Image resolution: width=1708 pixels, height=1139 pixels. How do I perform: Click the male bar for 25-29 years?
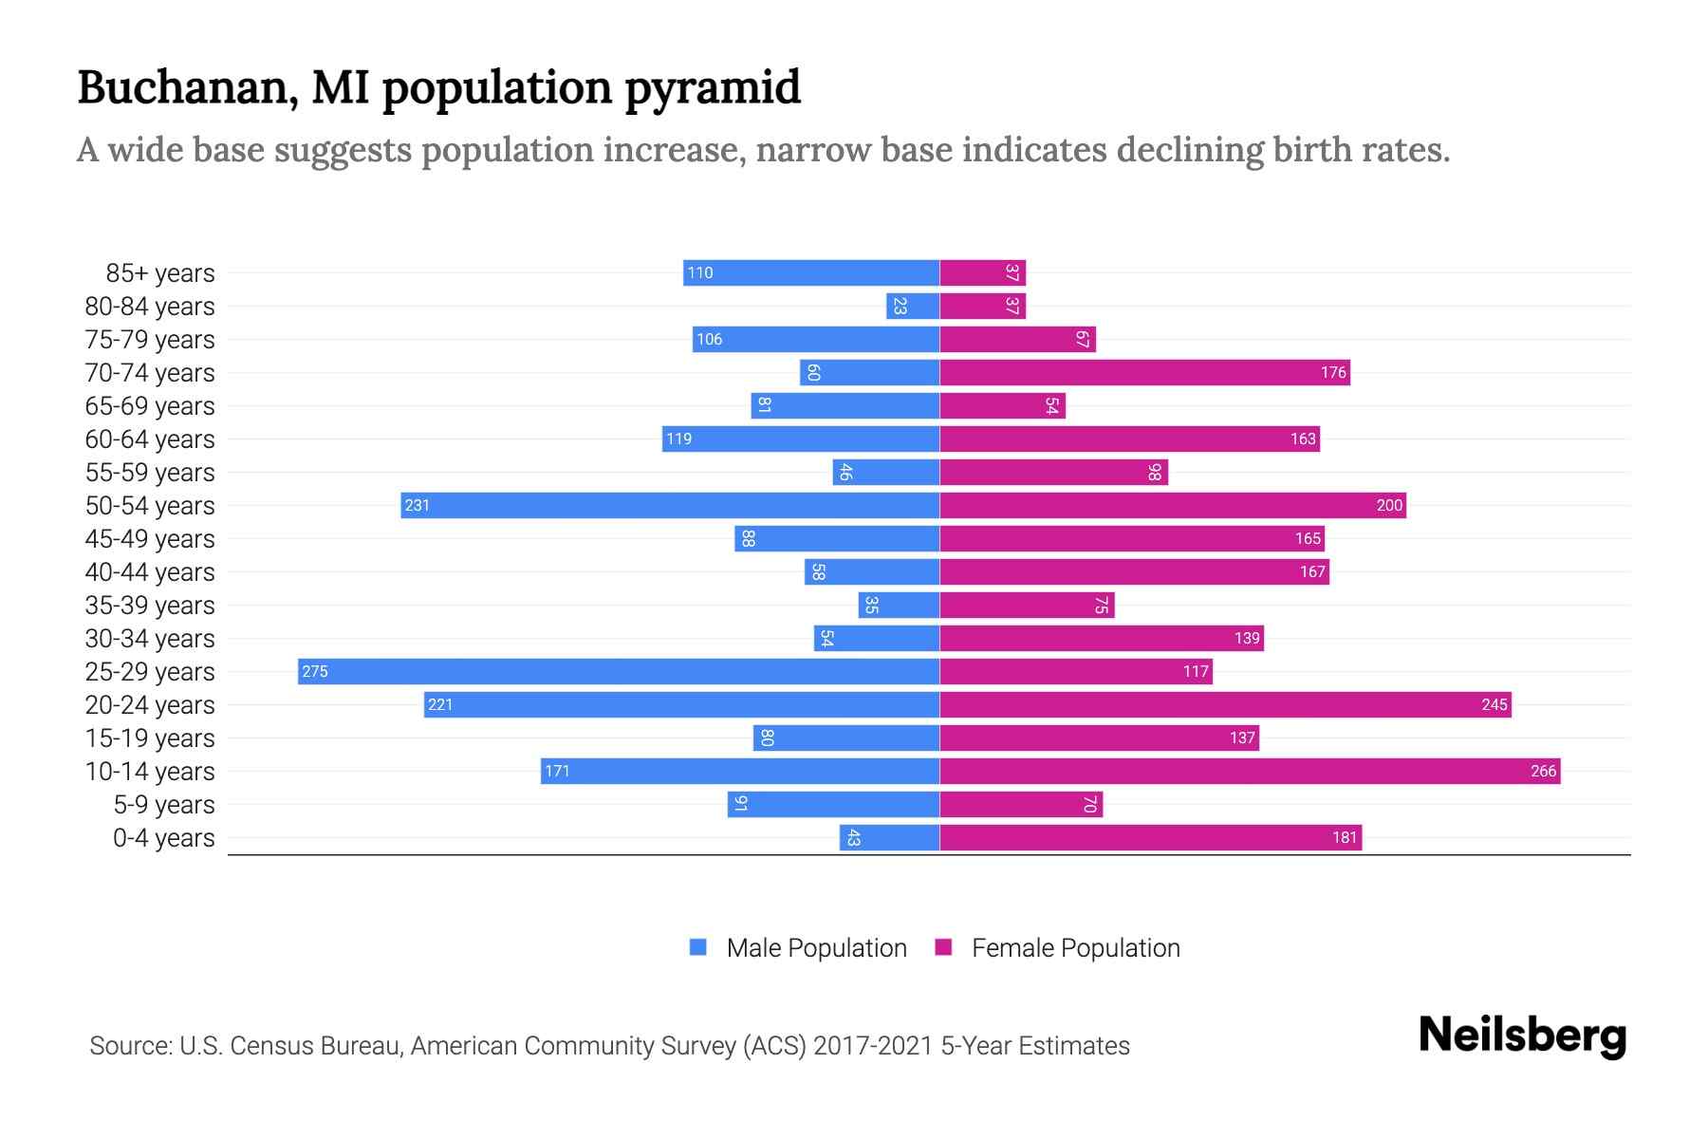coord(619,671)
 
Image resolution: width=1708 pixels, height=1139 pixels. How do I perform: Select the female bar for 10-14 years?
coord(1250,771)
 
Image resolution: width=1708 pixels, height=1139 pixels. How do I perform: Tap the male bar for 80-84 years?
coord(913,306)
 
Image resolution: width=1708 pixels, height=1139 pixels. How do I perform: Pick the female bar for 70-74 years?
coord(1144,372)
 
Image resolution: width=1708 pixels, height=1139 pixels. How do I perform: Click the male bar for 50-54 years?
coord(670,505)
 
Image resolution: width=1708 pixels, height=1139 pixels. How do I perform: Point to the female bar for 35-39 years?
coord(1027,605)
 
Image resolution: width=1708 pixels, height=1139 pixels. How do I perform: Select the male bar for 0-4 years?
coord(889,837)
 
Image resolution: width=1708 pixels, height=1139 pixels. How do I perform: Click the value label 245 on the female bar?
coord(1494,704)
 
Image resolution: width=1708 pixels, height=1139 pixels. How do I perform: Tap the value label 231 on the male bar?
coord(418,505)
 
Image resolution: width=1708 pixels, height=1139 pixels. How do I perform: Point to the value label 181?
coord(1344,837)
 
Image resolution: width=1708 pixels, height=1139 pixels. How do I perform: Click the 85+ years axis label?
coord(160,273)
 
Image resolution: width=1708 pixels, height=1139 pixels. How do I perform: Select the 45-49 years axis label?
coord(150,539)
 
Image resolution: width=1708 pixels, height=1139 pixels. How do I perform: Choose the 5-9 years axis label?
coord(164,805)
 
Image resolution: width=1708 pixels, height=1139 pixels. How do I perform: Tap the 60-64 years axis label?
coord(150,439)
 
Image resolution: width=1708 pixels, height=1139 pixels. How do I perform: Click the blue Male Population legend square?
coord(698,947)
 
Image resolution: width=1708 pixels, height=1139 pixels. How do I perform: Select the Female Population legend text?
coord(1075,947)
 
